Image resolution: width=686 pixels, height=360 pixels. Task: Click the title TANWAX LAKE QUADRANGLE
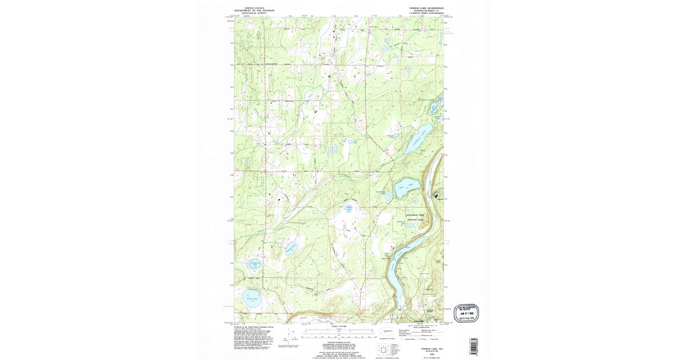tap(426, 9)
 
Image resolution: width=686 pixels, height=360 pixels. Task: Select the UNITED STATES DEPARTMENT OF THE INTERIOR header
tap(254, 10)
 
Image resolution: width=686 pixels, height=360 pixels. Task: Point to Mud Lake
tap(348, 210)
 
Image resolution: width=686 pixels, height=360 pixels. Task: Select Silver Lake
tap(251, 299)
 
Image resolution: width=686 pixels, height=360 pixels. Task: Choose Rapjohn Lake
tap(290, 249)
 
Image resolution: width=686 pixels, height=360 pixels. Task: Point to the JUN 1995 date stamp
tap(466, 313)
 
